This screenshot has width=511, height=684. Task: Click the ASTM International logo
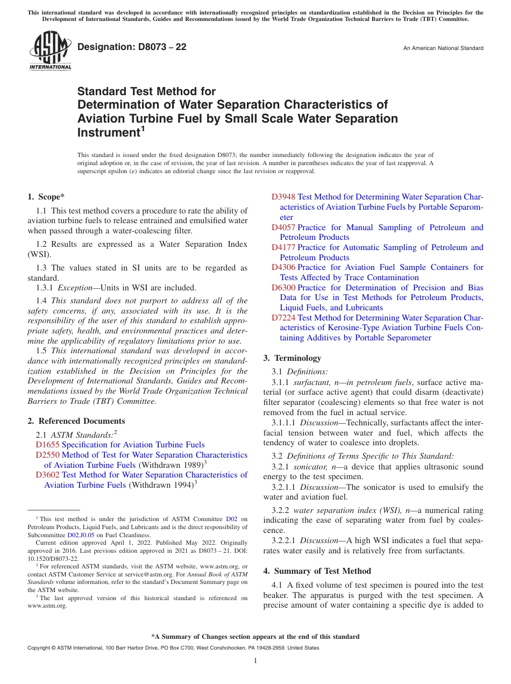click(49, 51)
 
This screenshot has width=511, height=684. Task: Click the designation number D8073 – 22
click(132, 47)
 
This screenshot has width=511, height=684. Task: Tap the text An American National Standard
click(443, 48)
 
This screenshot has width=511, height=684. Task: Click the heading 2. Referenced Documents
click(76, 421)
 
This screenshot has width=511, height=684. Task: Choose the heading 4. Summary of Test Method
click(317, 571)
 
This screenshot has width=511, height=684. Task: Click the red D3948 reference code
click(283, 197)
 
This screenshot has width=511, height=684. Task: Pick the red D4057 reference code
click(283, 227)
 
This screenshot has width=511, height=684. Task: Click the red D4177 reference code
click(283, 247)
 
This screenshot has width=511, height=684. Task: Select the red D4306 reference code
click(283, 267)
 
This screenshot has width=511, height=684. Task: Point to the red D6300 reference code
click(283, 288)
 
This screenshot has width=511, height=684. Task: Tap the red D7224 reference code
click(283, 318)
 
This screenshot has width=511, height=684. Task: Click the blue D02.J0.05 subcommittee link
click(80, 535)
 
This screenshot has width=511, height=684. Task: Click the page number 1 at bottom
click(256, 661)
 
